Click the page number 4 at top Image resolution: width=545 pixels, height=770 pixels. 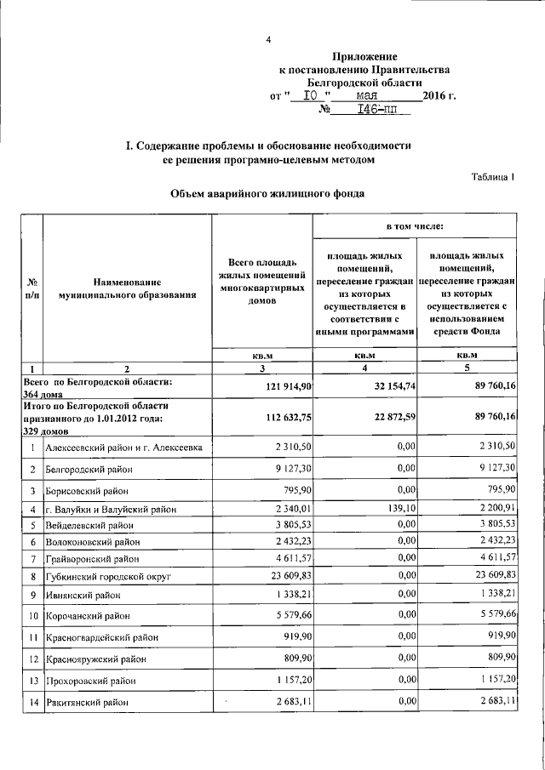click(268, 40)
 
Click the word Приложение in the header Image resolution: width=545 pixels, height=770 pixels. click(366, 54)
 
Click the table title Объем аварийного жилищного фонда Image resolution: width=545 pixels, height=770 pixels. click(268, 194)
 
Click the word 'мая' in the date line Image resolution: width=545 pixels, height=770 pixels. click(371, 96)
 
